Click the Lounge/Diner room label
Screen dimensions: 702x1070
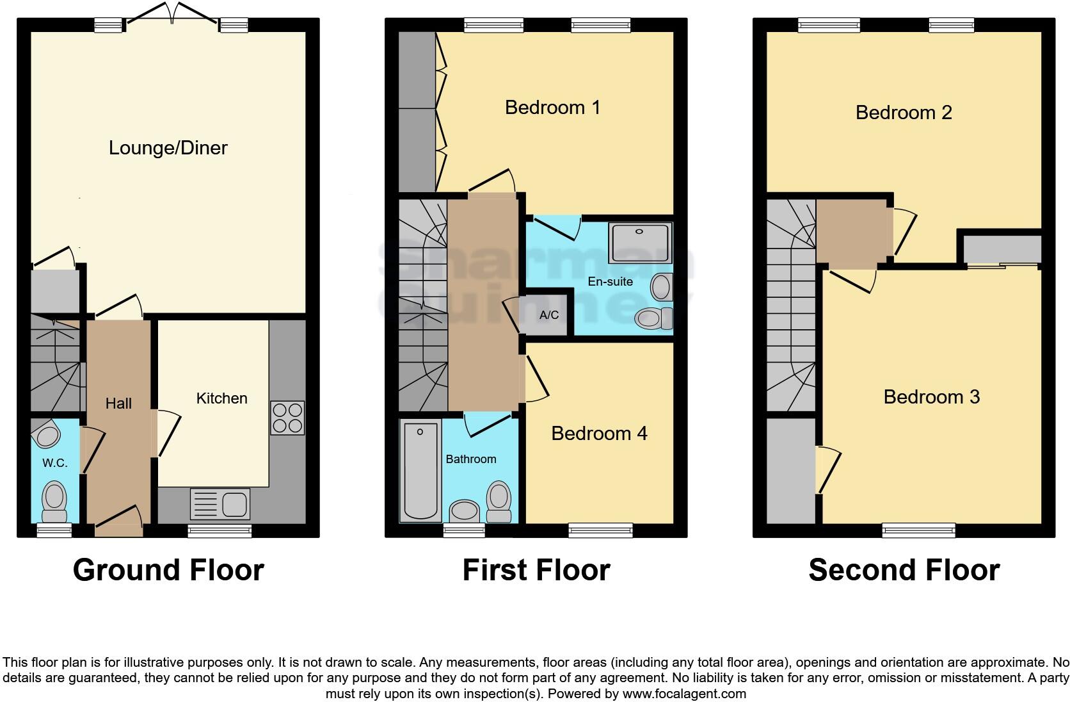pos(168,148)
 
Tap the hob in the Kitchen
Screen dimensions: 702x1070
pos(287,418)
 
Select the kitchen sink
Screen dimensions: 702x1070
pos(220,503)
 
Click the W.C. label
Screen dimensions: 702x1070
pos(55,463)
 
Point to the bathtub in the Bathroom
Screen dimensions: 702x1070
pos(420,470)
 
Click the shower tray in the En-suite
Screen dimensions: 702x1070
pos(640,243)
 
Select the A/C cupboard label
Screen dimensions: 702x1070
pos(549,315)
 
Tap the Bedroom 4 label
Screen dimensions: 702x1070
pos(599,434)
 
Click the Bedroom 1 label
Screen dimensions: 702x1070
pos(552,107)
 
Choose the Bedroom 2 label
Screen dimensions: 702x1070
pos(904,113)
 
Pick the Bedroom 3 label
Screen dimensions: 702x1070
pos(931,397)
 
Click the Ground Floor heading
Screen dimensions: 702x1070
pos(168,569)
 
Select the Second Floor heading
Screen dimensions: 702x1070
pos(904,569)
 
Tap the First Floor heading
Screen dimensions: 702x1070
pos(536,569)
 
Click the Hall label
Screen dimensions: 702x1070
pos(118,404)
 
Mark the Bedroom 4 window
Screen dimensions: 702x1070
pos(600,530)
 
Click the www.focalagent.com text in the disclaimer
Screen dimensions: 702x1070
pos(684,693)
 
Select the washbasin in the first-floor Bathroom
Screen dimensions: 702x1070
pos(465,511)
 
